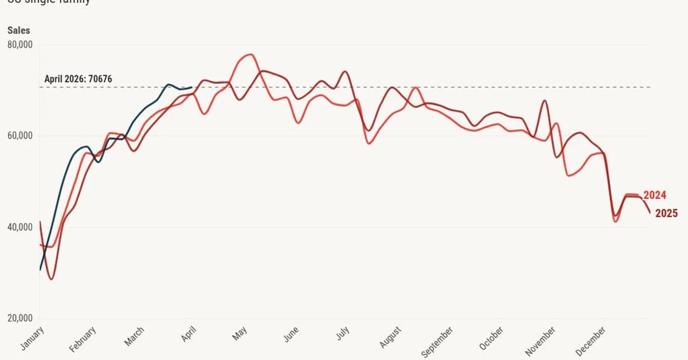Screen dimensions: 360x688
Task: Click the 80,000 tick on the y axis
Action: point(19,44)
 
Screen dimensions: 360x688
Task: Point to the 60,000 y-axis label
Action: point(19,136)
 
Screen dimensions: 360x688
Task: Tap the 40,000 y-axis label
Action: point(19,228)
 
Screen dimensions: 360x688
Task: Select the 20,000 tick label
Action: point(19,319)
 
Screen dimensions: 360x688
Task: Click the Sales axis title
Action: point(18,30)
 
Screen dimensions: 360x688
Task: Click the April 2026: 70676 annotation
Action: point(78,79)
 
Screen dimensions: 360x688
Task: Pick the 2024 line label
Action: point(655,195)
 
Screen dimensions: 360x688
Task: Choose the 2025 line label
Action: point(666,213)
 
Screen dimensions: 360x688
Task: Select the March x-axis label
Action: point(135,336)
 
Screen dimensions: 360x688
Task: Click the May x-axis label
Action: point(240,334)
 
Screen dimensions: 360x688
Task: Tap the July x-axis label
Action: point(342,334)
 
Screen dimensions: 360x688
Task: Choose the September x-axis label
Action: point(437,342)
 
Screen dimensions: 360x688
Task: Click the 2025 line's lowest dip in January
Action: point(52,279)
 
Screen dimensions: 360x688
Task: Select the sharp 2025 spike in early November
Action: point(544,101)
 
